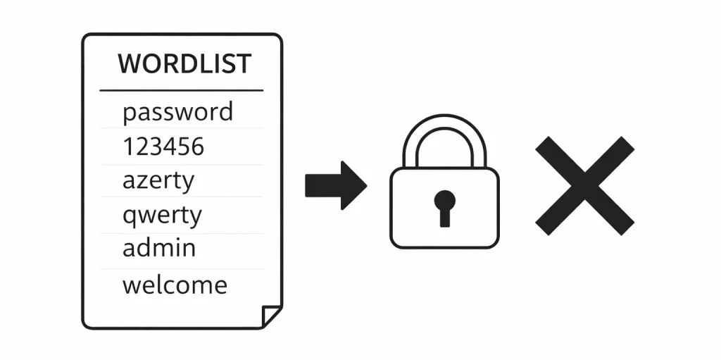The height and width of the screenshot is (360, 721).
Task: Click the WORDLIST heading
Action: pyautogui.click(x=184, y=63)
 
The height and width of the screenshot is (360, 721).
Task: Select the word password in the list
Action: pyautogui.click(x=177, y=112)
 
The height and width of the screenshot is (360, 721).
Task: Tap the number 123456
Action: pyautogui.click(x=163, y=147)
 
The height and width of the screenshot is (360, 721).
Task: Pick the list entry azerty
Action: pyautogui.click(x=158, y=181)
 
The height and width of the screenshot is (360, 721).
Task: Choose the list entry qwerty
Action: pyautogui.click(x=162, y=215)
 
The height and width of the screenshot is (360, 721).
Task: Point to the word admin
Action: pyautogui.click(x=159, y=248)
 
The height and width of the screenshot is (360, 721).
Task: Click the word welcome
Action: pyautogui.click(x=175, y=285)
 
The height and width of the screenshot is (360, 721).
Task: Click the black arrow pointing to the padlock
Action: pyautogui.click(x=335, y=185)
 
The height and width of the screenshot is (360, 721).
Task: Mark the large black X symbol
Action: pyautogui.click(x=584, y=185)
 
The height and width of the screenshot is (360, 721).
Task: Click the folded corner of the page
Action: pyautogui.click(x=271, y=316)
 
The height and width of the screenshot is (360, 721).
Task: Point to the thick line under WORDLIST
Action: pyautogui.click(x=181, y=90)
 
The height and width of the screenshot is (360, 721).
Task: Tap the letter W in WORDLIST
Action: pyautogui.click(x=128, y=63)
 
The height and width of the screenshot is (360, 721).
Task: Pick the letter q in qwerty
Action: pyautogui.click(x=130, y=216)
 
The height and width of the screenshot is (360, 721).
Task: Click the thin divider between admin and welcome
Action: pyautogui.click(x=181, y=268)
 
